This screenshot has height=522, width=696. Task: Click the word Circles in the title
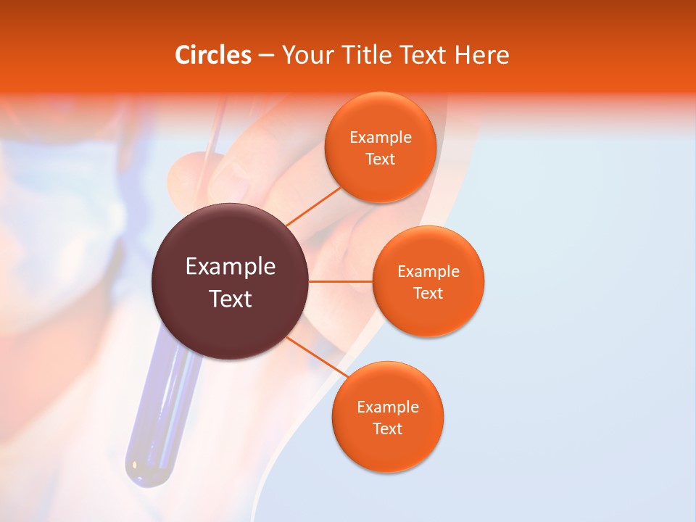(x=212, y=55)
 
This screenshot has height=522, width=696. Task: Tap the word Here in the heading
(x=481, y=55)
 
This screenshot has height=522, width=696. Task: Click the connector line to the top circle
(x=313, y=206)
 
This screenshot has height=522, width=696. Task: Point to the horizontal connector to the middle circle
(x=340, y=281)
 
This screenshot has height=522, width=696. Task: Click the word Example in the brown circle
(x=230, y=267)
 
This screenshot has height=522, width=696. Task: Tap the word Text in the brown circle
(x=230, y=299)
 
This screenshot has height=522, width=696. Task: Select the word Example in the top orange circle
(x=380, y=138)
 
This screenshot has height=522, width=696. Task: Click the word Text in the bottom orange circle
(x=387, y=429)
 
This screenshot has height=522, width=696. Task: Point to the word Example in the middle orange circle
(x=428, y=272)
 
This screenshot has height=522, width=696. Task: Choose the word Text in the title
(x=423, y=55)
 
